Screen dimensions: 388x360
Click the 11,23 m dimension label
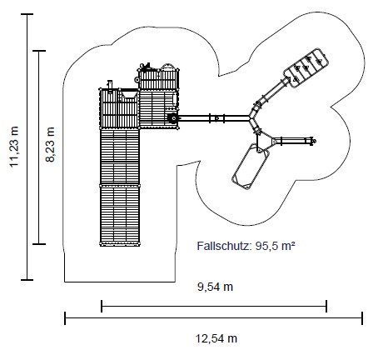click(14, 147)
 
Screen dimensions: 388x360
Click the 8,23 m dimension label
click(50, 144)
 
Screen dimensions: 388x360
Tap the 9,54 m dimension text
click(215, 287)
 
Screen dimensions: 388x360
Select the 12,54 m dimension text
click(216, 338)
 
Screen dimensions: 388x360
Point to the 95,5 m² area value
click(275, 246)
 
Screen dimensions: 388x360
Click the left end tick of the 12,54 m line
click(65, 318)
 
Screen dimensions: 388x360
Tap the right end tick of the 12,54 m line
click(362, 318)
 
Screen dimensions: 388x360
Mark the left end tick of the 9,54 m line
click(102, 306)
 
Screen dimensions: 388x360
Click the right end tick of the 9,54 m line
click(326, 306)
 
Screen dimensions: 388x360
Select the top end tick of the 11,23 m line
click(27, 14)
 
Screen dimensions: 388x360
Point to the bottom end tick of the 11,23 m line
click(27, 280)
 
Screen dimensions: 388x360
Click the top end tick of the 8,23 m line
click(39, 51)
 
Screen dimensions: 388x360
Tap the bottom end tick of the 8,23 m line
click(39, 244)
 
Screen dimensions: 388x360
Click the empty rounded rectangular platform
click(251, 167)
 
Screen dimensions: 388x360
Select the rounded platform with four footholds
click(306, 68)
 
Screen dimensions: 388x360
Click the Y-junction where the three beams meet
click(251, 118)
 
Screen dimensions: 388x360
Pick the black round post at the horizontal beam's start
click(173, 118)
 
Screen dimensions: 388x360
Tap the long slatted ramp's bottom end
click(120, 244)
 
